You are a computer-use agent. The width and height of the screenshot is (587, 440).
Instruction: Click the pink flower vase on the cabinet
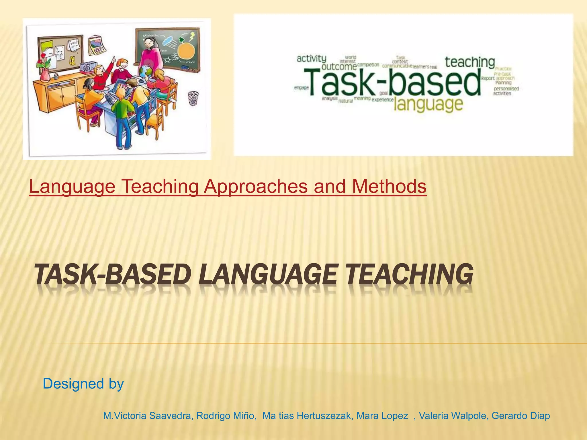(x=45, y=75)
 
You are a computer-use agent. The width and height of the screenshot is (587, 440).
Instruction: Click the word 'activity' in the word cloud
(x=311, y=59)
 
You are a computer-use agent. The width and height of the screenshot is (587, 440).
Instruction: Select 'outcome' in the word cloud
(x=339, y=67)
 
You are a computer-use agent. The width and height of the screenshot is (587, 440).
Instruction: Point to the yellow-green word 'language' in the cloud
(x=428, y=104)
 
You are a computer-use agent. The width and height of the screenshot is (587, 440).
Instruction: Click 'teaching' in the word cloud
(x=470, y=62)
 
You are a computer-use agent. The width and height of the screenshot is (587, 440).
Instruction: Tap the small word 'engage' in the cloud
(x=301, y=88)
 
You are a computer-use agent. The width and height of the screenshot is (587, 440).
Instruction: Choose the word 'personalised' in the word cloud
(x=506, y=89)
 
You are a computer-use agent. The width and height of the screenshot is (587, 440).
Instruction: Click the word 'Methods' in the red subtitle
(x=389, y=186)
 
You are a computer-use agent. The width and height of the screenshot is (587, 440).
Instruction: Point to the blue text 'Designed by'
(x=83, y=384)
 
